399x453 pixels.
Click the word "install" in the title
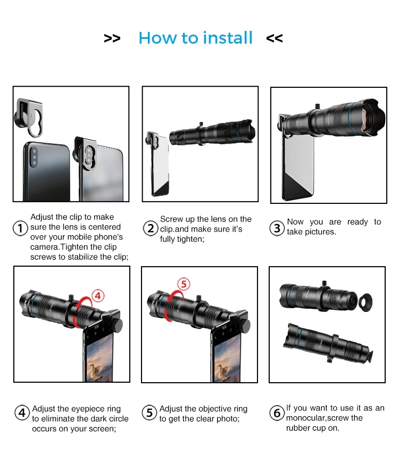[228, 38]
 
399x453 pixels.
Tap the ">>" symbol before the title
[112, 38]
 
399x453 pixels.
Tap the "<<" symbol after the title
[275, 38]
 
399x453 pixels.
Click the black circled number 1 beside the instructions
[20, 228]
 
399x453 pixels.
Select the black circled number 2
[151, 228]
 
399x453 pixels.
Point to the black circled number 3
[277, 228]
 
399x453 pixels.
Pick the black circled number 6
[277, 413]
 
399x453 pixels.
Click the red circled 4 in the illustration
[98, 296]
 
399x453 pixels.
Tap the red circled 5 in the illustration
[184, 284]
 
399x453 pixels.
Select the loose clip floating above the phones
[29, 117]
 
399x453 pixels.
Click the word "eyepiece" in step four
[88, 409]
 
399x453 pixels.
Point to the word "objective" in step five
[214, 409]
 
